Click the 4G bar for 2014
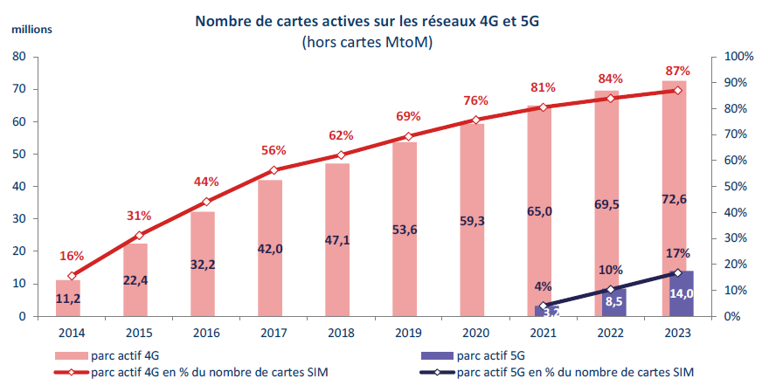tap(68, 298)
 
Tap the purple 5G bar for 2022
tap(614, 302)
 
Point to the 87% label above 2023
tap(677, 71)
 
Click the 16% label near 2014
tap(72, 256)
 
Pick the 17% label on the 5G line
tap(677, 254)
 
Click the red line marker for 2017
tap(274, 170)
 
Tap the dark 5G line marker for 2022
tap(610, 289)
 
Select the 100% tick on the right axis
tap(727, 57)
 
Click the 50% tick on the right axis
tap(727, 187)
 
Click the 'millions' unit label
tap(32, 29)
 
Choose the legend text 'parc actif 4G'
tap(123, 355)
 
